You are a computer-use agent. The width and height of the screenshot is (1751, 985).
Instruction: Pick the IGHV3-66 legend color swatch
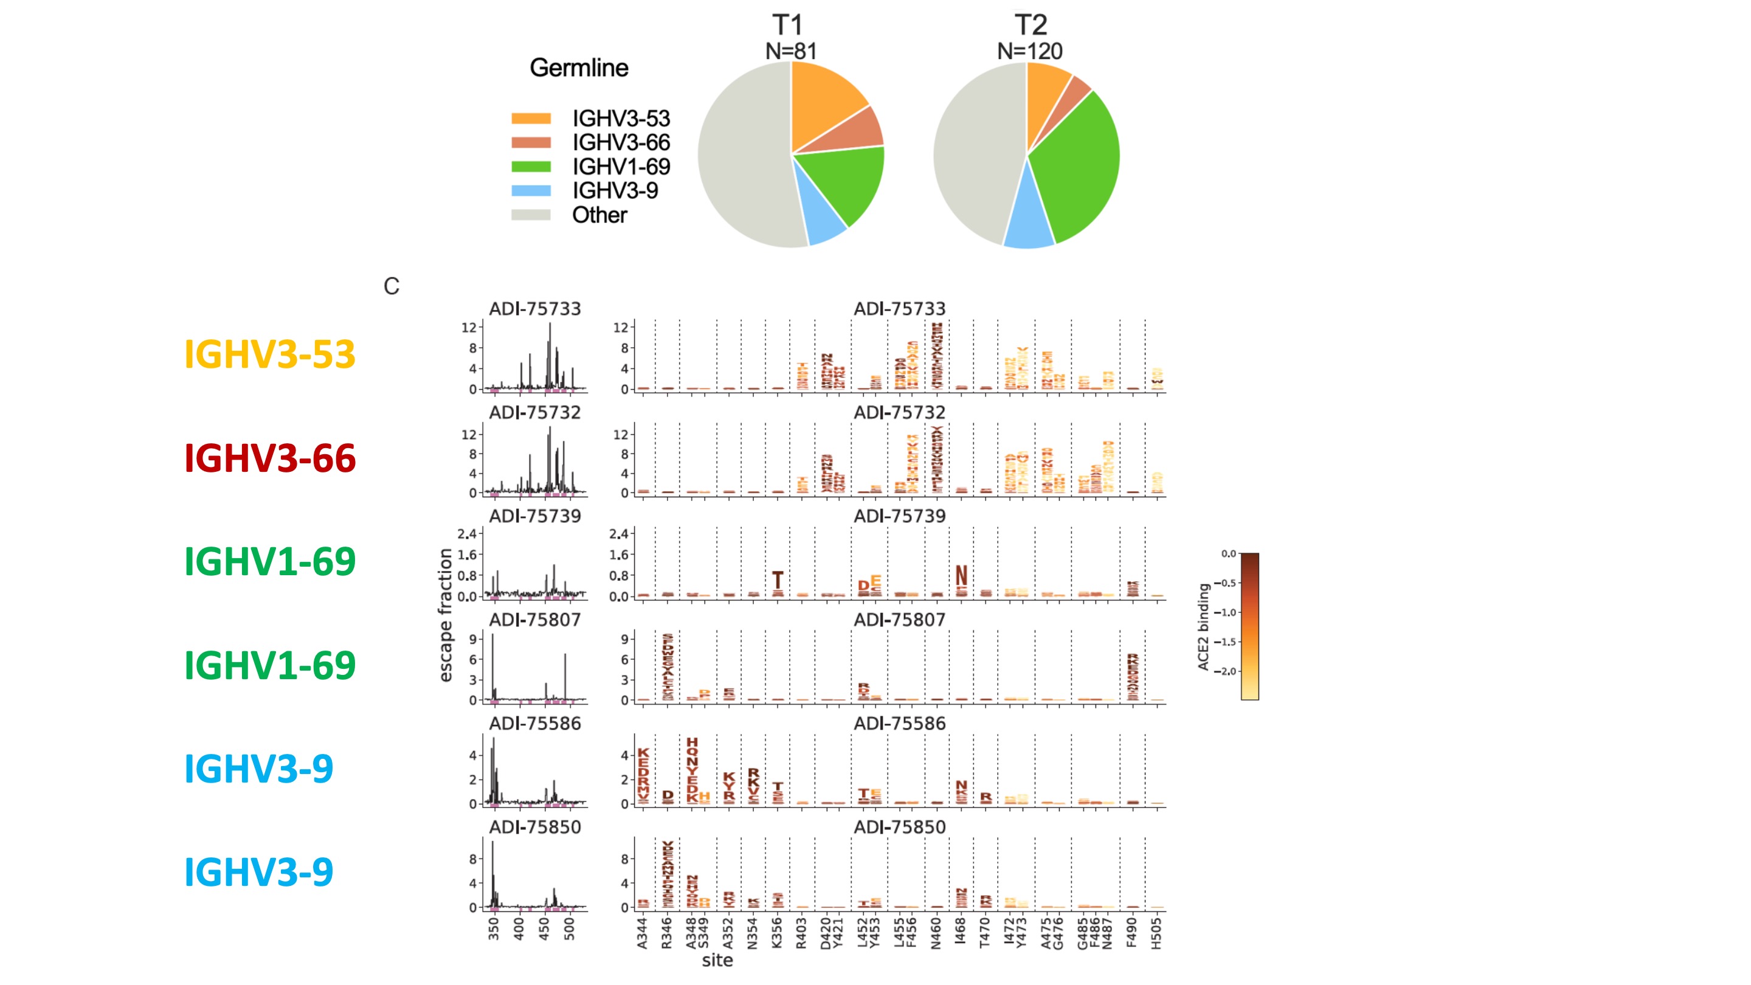531,143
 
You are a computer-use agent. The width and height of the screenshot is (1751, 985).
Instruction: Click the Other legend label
599,215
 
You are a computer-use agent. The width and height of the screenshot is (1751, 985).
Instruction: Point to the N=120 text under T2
1029,51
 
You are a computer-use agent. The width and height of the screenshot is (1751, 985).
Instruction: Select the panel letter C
391,286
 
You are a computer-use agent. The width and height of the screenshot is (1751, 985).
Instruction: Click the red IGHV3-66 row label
270,458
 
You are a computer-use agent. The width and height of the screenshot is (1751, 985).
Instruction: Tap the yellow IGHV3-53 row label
270,354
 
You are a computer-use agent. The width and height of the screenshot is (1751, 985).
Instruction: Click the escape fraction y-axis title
445,615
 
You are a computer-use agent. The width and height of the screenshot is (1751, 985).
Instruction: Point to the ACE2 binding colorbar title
1203,627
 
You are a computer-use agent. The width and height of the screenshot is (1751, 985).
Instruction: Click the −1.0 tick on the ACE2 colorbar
1228,612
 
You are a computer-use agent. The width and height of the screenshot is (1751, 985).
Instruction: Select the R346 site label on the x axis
666,933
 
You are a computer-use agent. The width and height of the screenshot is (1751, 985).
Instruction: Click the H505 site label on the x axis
1156,933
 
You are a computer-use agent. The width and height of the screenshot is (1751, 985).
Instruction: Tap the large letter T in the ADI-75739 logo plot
778,580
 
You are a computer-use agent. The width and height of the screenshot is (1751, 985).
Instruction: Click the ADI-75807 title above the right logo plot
899,620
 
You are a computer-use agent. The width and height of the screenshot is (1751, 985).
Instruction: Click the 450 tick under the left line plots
544,928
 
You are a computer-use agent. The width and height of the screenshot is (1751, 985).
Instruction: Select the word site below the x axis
717,961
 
